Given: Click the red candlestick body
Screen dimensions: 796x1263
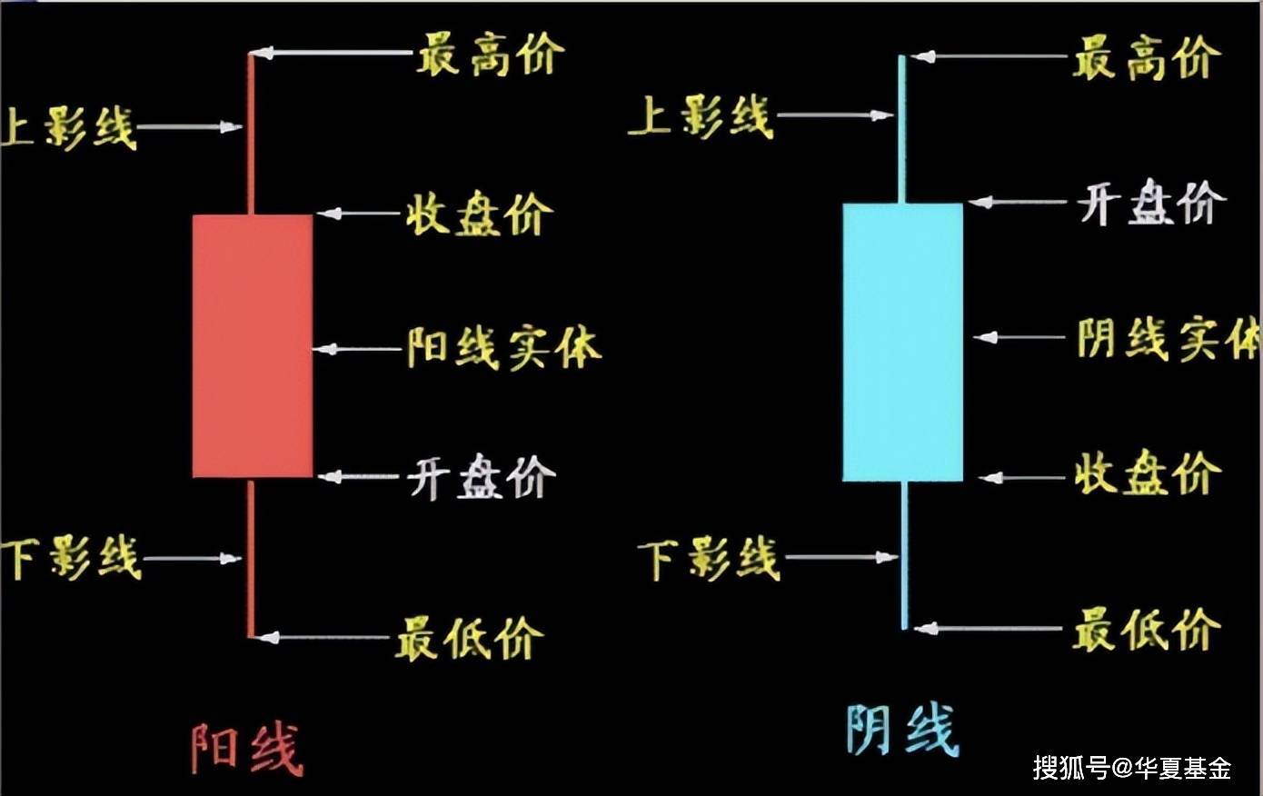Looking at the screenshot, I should coord(253,346).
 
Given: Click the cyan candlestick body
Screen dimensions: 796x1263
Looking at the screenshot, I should coord(902,343).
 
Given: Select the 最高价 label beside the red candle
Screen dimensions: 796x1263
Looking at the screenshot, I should coord(491,55).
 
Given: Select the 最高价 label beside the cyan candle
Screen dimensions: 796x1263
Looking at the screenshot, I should coord(1147,59).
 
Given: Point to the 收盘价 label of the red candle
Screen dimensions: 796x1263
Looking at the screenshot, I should coord(479,215).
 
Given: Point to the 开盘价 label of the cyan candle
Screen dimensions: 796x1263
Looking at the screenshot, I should coord(1151,203).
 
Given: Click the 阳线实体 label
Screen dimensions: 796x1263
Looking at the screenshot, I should coord(503,348).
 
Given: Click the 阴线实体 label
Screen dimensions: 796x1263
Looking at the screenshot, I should coord(1168,339).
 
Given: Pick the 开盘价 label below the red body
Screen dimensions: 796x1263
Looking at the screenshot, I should coord(481,477).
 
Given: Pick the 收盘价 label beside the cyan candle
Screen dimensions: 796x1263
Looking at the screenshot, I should coord(1148,474).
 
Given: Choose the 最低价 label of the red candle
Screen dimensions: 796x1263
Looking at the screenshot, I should coord(469,638).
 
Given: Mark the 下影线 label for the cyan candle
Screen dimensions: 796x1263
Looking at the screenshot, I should coord(709,558).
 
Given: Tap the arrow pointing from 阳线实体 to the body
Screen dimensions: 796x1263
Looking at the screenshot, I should coord(360,349).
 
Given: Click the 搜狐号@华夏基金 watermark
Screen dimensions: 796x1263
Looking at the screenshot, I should coord(1131,768).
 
